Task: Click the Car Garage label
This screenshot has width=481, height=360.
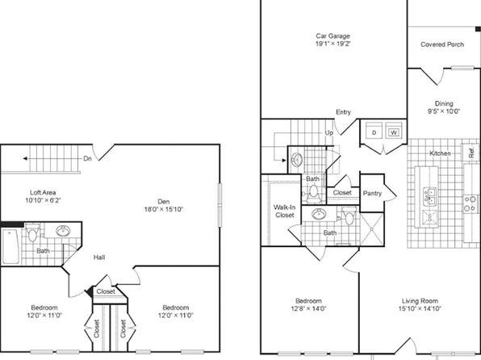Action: click(x=333, y=36)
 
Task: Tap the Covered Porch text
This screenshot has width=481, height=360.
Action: click(x=442, y=44)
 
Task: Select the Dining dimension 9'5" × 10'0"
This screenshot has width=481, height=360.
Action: click(x=444, y=111)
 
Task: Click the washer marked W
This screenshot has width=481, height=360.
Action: click(x=394, y=132)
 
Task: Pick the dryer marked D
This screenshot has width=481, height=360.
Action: click(x=374, y=132)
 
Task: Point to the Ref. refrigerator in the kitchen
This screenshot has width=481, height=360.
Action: click(x=471, y=152)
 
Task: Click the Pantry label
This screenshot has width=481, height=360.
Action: click(x=372, y=193)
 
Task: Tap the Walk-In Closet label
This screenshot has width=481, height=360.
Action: click(x=284, y=211)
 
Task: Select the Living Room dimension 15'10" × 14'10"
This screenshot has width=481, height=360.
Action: click(x=420, y=309)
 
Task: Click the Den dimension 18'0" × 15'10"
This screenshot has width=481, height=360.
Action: click(x=164, y=209)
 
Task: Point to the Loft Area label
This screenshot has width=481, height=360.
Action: click(x=43, y=192)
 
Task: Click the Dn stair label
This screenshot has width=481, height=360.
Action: click(x=87, y=159)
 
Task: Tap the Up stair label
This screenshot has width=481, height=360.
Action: click(x=328, y=133)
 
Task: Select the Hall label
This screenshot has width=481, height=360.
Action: click(x=99, y=257)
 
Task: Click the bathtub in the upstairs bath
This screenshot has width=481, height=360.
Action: click(x=10, y=247)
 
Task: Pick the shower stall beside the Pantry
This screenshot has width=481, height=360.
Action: click(x=372, y=229)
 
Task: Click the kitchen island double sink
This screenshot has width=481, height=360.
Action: click(x=430, y=197)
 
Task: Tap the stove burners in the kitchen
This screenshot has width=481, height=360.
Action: click(x=471, y=203)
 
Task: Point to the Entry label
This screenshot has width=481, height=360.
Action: click(x=343, y=112)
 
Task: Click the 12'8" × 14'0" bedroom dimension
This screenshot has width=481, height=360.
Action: click(x=308, y=309)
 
